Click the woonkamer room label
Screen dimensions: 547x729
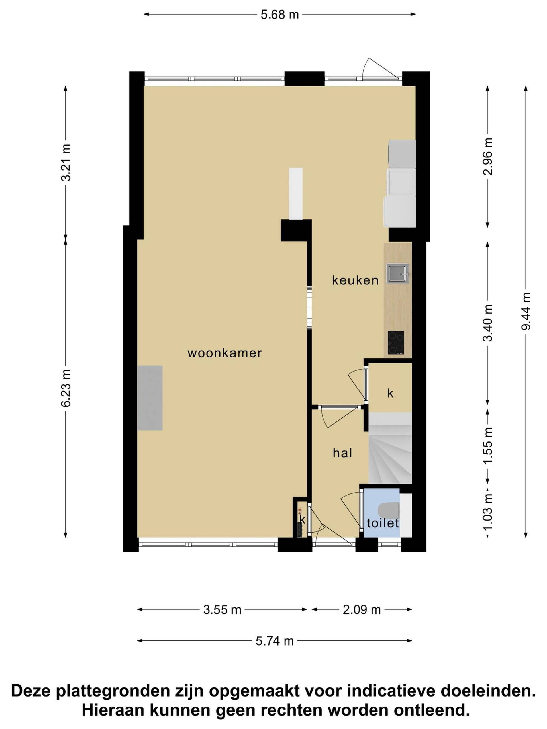224,353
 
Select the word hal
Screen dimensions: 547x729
342,453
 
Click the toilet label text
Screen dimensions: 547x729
383,523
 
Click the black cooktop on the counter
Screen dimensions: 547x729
396,343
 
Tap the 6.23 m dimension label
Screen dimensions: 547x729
66,388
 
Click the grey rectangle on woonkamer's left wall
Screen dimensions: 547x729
150,398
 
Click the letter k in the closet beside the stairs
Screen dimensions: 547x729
390,393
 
